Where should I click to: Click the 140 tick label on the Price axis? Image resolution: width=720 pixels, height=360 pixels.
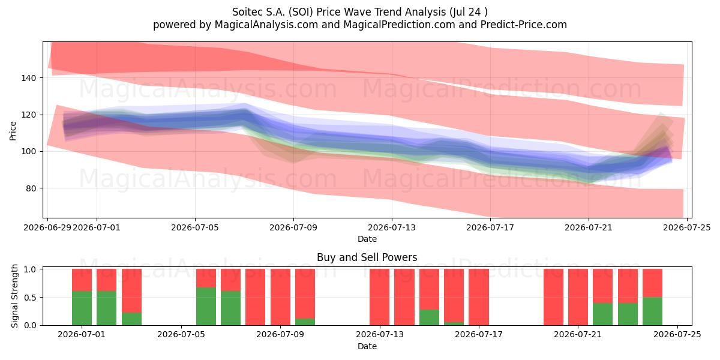(x=29, y=78)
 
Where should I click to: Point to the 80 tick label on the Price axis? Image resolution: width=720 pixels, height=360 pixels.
(x=31, y=188)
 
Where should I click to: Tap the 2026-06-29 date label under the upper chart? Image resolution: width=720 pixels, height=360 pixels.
(x=47, y=227)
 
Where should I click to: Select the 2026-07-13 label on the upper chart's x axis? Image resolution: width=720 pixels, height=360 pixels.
(x=391, y=227)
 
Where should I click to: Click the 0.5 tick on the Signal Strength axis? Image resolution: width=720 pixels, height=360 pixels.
(x=30, y=298)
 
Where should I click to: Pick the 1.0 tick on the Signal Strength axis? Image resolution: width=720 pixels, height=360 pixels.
(x=30, y=269)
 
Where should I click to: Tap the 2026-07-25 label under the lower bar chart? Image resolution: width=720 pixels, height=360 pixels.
(x=677, y=335)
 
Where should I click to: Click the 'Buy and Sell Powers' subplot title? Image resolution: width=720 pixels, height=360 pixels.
(x=367, y=257)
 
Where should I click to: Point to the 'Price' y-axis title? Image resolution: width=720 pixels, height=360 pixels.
(x=13, y=131)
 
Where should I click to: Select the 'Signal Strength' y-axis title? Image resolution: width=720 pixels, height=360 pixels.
(x=14, y=296)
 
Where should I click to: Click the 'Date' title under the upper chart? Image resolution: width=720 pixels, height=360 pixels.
(x=367, y=239)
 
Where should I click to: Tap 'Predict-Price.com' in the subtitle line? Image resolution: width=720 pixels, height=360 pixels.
(x=524, y=25)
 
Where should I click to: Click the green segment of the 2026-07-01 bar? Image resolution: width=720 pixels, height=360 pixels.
(x=107, y=308)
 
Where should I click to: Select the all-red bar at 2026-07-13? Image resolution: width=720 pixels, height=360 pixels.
(x=379, y=297)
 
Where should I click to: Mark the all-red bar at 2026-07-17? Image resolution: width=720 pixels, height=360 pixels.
(x=479, y=297)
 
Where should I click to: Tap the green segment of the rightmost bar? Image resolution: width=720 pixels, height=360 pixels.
(x=653, y=311)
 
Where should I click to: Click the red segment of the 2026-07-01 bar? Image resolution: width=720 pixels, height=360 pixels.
(x=107, y=280)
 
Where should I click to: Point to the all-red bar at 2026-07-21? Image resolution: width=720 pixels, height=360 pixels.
(x=578, y=297)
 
